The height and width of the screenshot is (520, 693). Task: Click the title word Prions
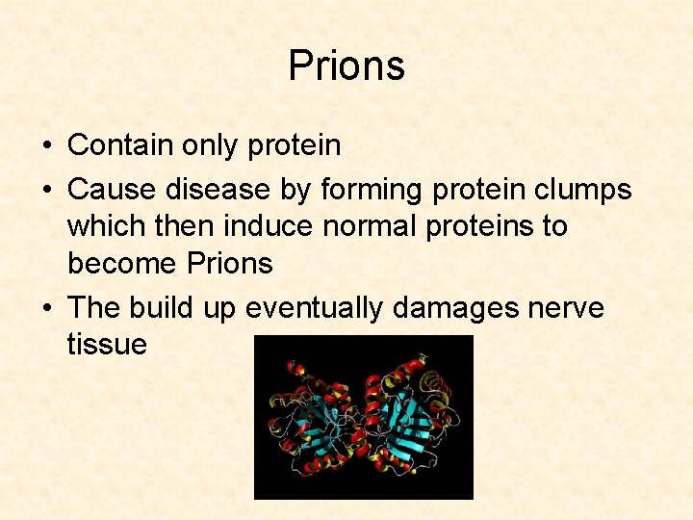click(x=346, y=66)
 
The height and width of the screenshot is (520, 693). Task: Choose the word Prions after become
click(x=230, y=264)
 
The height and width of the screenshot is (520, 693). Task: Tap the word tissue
click(x=107, y=345)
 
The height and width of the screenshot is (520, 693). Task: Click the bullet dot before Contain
click(x=46, y=146)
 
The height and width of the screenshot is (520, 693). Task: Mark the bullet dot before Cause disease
click(x=46, y=191)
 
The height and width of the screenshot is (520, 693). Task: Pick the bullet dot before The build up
click(x=46, y=309)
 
